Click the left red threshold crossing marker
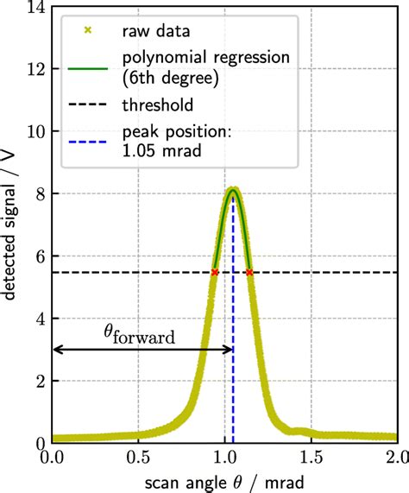pyautogui.click(x=215, y=272)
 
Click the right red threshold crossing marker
pyautogui.click(x=249, y=272)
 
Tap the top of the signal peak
pyautogui.click(x=232, y=189)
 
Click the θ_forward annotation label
pyautogui.click(x=141, y=333)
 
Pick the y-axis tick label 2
pyautogui.click(x=38, y=381)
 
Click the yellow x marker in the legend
pyautogui.click(x=85, y=30)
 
